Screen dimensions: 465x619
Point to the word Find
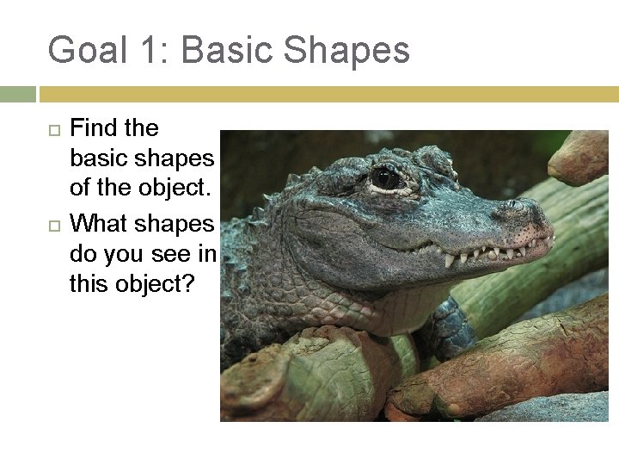tap(94, 128)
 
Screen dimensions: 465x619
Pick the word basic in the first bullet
tap(97, 159)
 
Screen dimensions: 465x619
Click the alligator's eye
tap(384, 177)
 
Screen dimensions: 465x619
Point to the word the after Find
tap(142, 128)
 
